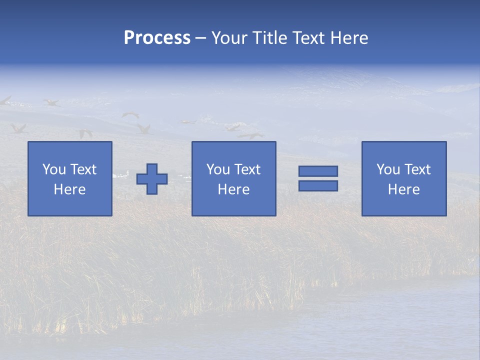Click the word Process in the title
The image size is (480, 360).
coord(157,38)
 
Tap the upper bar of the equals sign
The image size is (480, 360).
coord(318,171)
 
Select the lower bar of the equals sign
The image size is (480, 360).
coord(318,185)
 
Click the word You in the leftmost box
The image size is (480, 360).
coord(54,169)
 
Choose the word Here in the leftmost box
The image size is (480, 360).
coord(69,189)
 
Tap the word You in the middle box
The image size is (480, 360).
coord(218,169)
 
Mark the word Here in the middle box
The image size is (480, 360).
coord(233,189)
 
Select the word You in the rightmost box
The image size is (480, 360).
coord(388,169)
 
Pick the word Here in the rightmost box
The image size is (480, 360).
coord(403,189)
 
